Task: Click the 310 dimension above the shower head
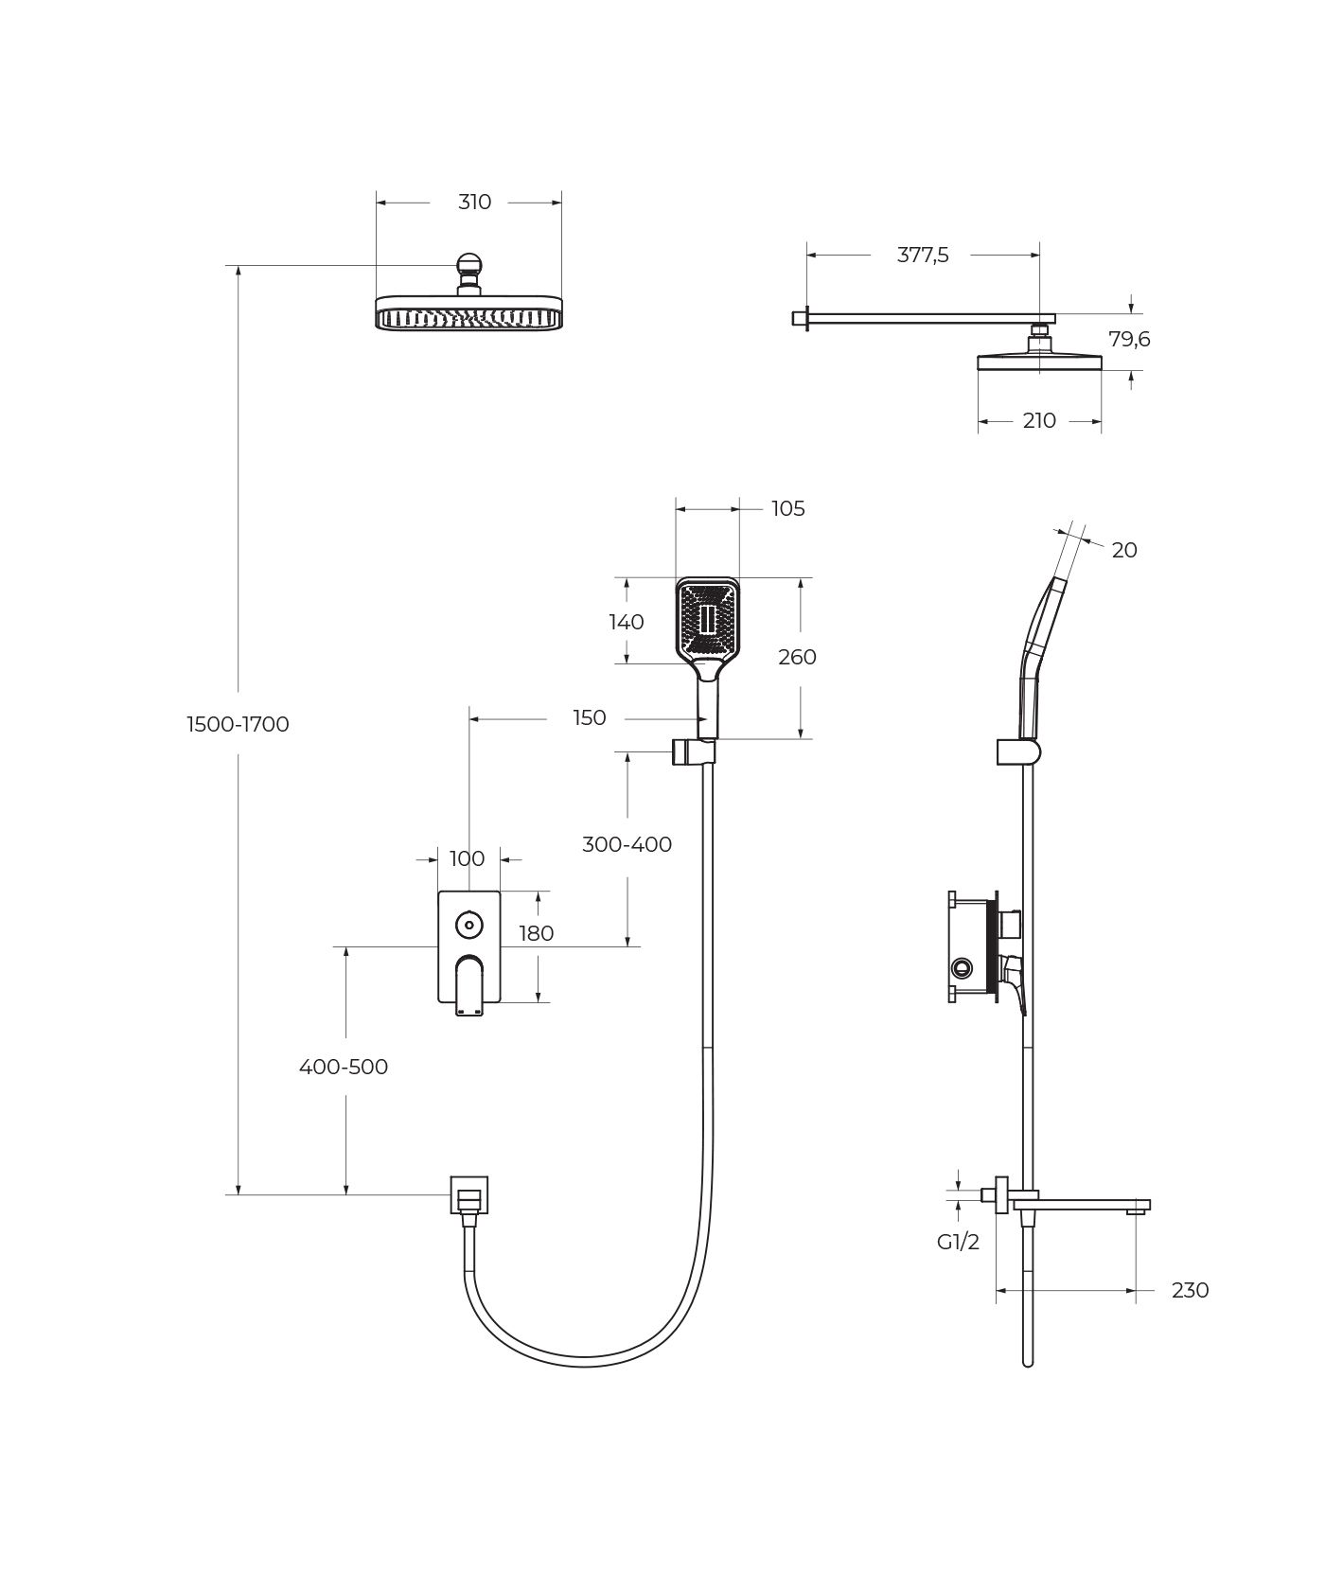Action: [x=474, y=202]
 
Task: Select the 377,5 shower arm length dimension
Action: [x=923, y=255]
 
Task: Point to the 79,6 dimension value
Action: [x=1129, y=339]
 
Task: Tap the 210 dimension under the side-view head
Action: [x=1039, y=420]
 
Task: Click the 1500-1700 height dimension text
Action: [x=238, y=724]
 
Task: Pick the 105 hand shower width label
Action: [x=787, y=508]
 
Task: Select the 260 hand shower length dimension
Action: [x=797, y=657]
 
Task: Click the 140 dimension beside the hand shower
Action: [x=627, y=622]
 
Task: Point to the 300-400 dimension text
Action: [x=627, y=844]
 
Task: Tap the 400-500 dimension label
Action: [x=344, y=1067]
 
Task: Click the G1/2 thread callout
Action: [x=959, y=1242]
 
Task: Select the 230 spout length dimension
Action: [x=1190, y=1290]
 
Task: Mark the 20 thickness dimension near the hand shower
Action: [x=1124, y=550]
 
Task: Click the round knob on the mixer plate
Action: [x=468, y=924]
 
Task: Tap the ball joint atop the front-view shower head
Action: [x=468, y=265]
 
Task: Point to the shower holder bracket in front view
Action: [x=693, y=752]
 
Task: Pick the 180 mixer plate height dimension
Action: [x=536, y=933]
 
